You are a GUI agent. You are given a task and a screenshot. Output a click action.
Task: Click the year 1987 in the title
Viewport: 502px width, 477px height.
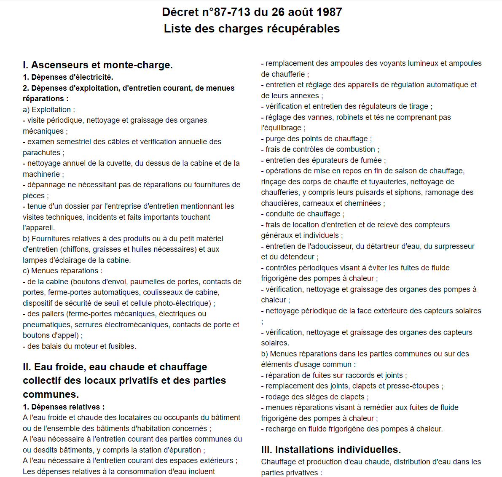[x=329, y=12]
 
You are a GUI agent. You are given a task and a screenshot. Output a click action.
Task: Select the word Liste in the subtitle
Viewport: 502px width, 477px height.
[x=177, y=29]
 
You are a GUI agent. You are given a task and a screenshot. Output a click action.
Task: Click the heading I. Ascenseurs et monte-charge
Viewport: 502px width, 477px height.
[x=98, y=65]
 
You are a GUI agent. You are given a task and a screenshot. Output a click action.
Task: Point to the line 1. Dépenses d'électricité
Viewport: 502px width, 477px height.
[x=68, y=77]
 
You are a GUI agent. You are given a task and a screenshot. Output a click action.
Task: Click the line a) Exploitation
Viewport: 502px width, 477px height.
[x=49, y=110]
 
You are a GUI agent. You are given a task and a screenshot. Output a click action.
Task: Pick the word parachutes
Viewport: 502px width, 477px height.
[x=42, y=153]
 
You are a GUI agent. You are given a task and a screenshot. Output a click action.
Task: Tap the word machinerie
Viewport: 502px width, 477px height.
[x=41, y=174]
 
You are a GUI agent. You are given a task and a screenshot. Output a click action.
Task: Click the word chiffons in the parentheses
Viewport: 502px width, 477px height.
[x=76, y=249]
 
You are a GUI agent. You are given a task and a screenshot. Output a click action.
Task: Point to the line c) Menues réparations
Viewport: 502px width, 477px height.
[x=62, y=271]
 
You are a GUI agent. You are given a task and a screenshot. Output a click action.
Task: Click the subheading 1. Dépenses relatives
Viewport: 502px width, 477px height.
[x=64, y=407]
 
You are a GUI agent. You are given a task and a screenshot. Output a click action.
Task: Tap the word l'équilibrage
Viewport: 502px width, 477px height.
[x=281, y=128]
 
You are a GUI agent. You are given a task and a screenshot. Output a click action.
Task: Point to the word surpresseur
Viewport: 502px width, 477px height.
[x=454, y=246]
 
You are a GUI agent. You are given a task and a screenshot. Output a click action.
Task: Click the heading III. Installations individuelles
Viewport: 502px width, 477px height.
[x=331, y=450]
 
